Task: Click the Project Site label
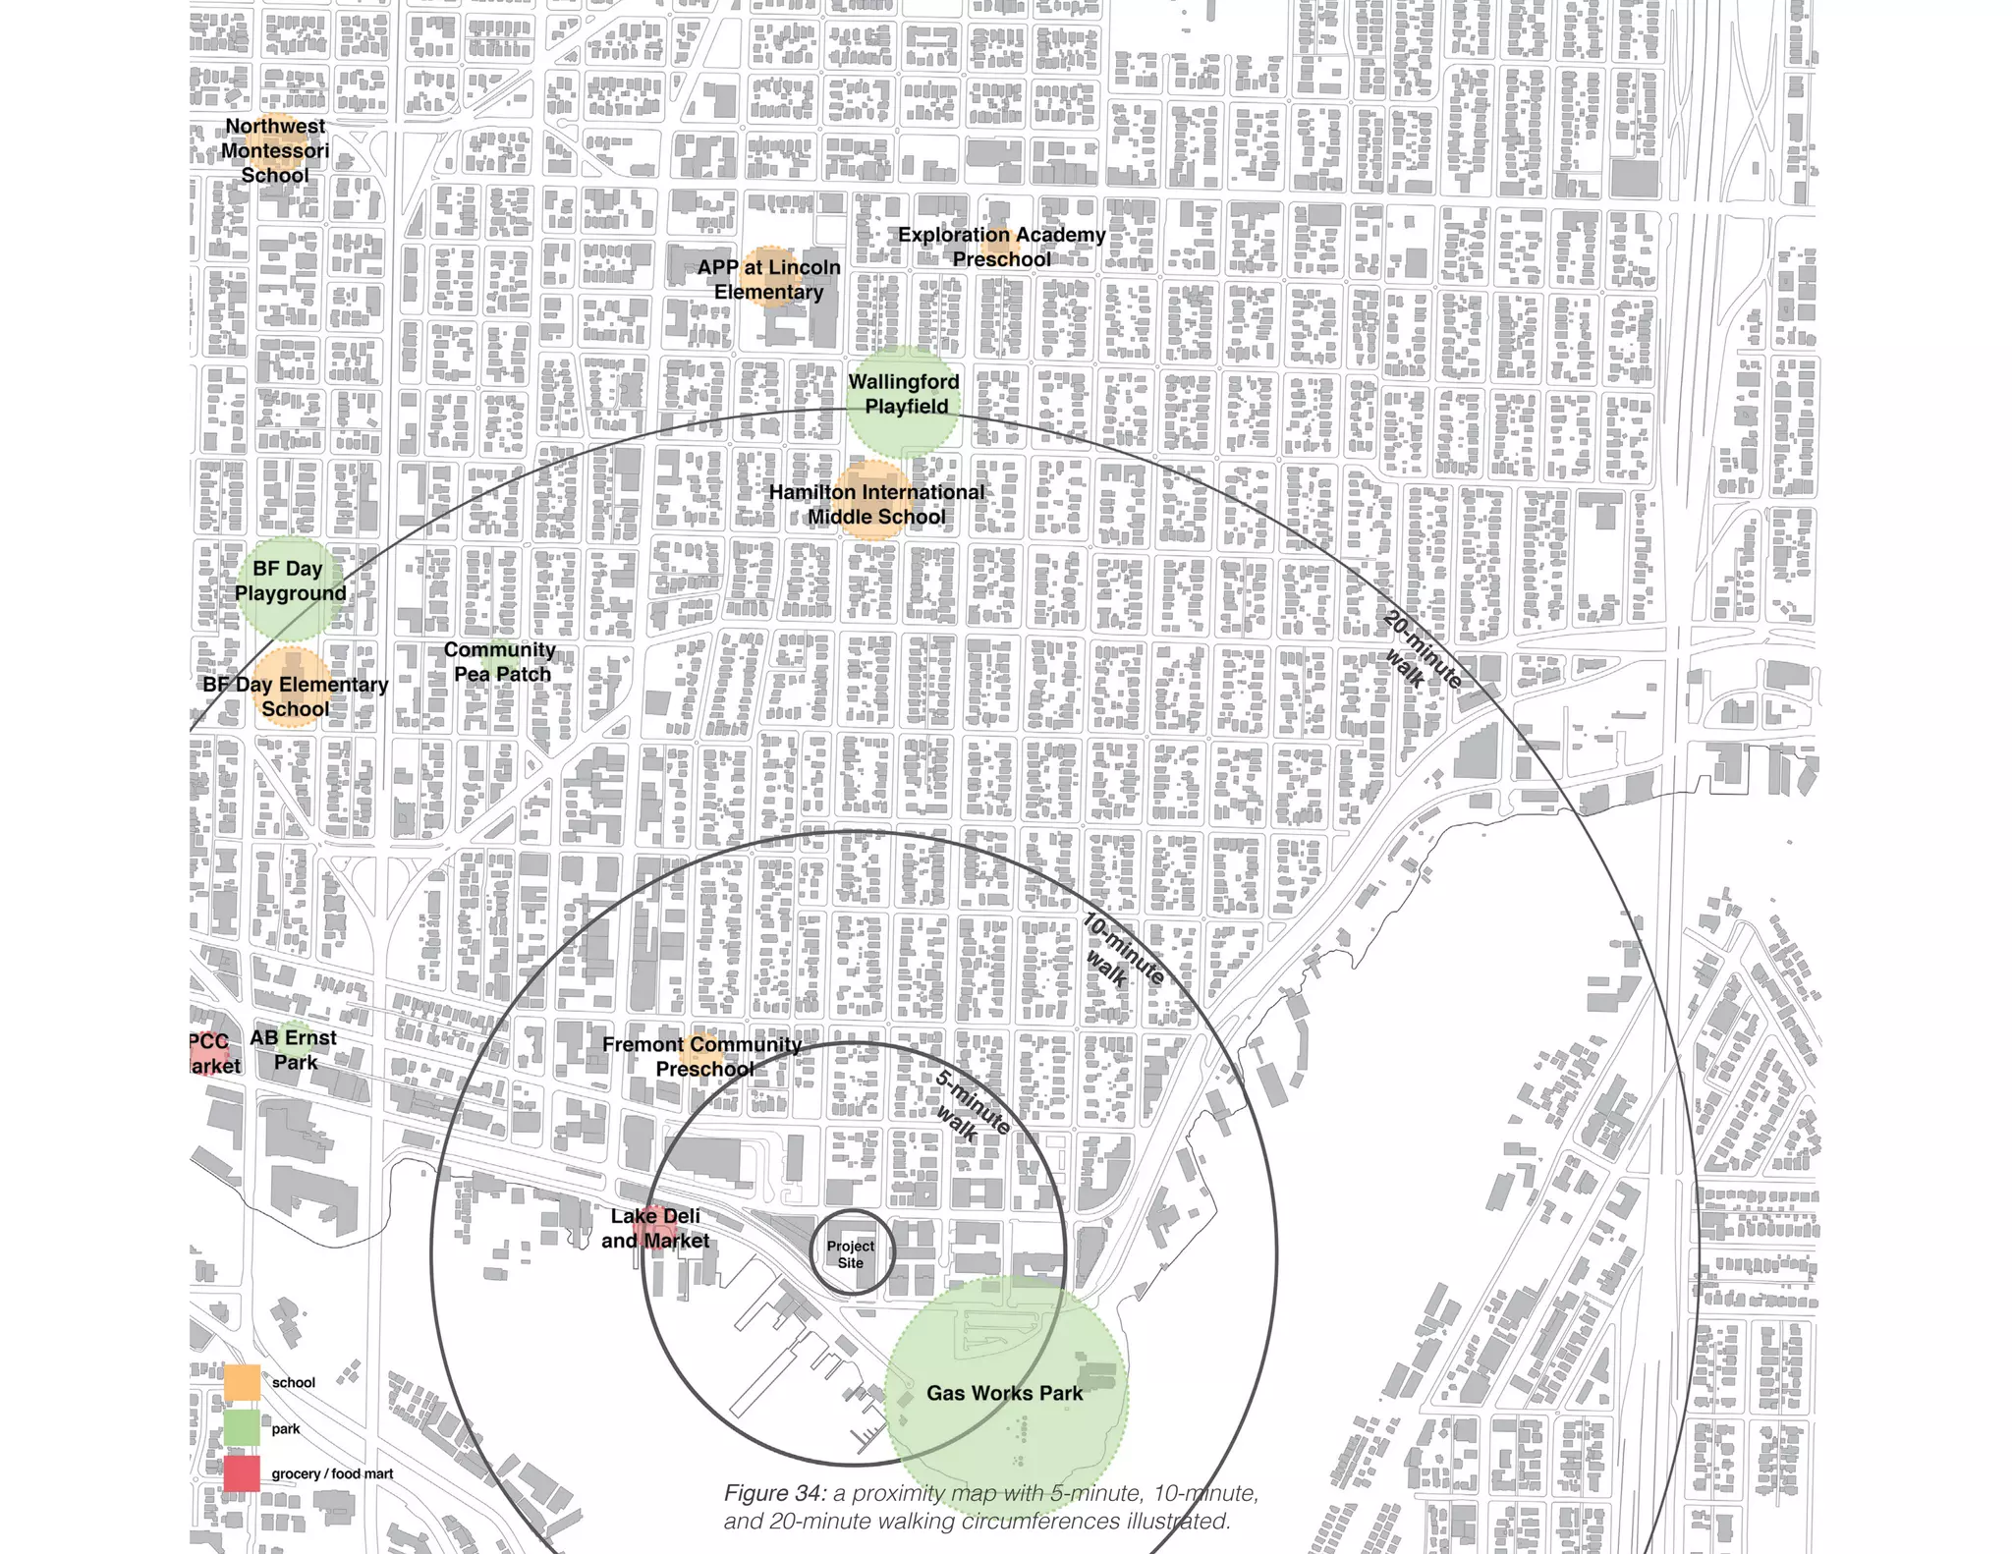[851, 1253]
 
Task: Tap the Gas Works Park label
[1004, 1393]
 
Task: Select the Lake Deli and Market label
[655, 1228]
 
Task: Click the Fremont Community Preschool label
[702, 1056]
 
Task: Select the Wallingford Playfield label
[904, 394]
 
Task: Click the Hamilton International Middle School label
[876, 504]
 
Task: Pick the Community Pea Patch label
[500, 661]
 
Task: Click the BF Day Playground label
[289, 581]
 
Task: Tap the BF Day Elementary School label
[295, 696]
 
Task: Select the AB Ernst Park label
[294, 1049]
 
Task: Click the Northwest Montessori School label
[275, 150]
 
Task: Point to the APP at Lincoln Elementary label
[769, 279]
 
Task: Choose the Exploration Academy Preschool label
[1001, 247]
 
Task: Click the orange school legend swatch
[242, 1382]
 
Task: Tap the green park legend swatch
[242, 1428]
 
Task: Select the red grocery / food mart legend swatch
[242, 1473]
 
